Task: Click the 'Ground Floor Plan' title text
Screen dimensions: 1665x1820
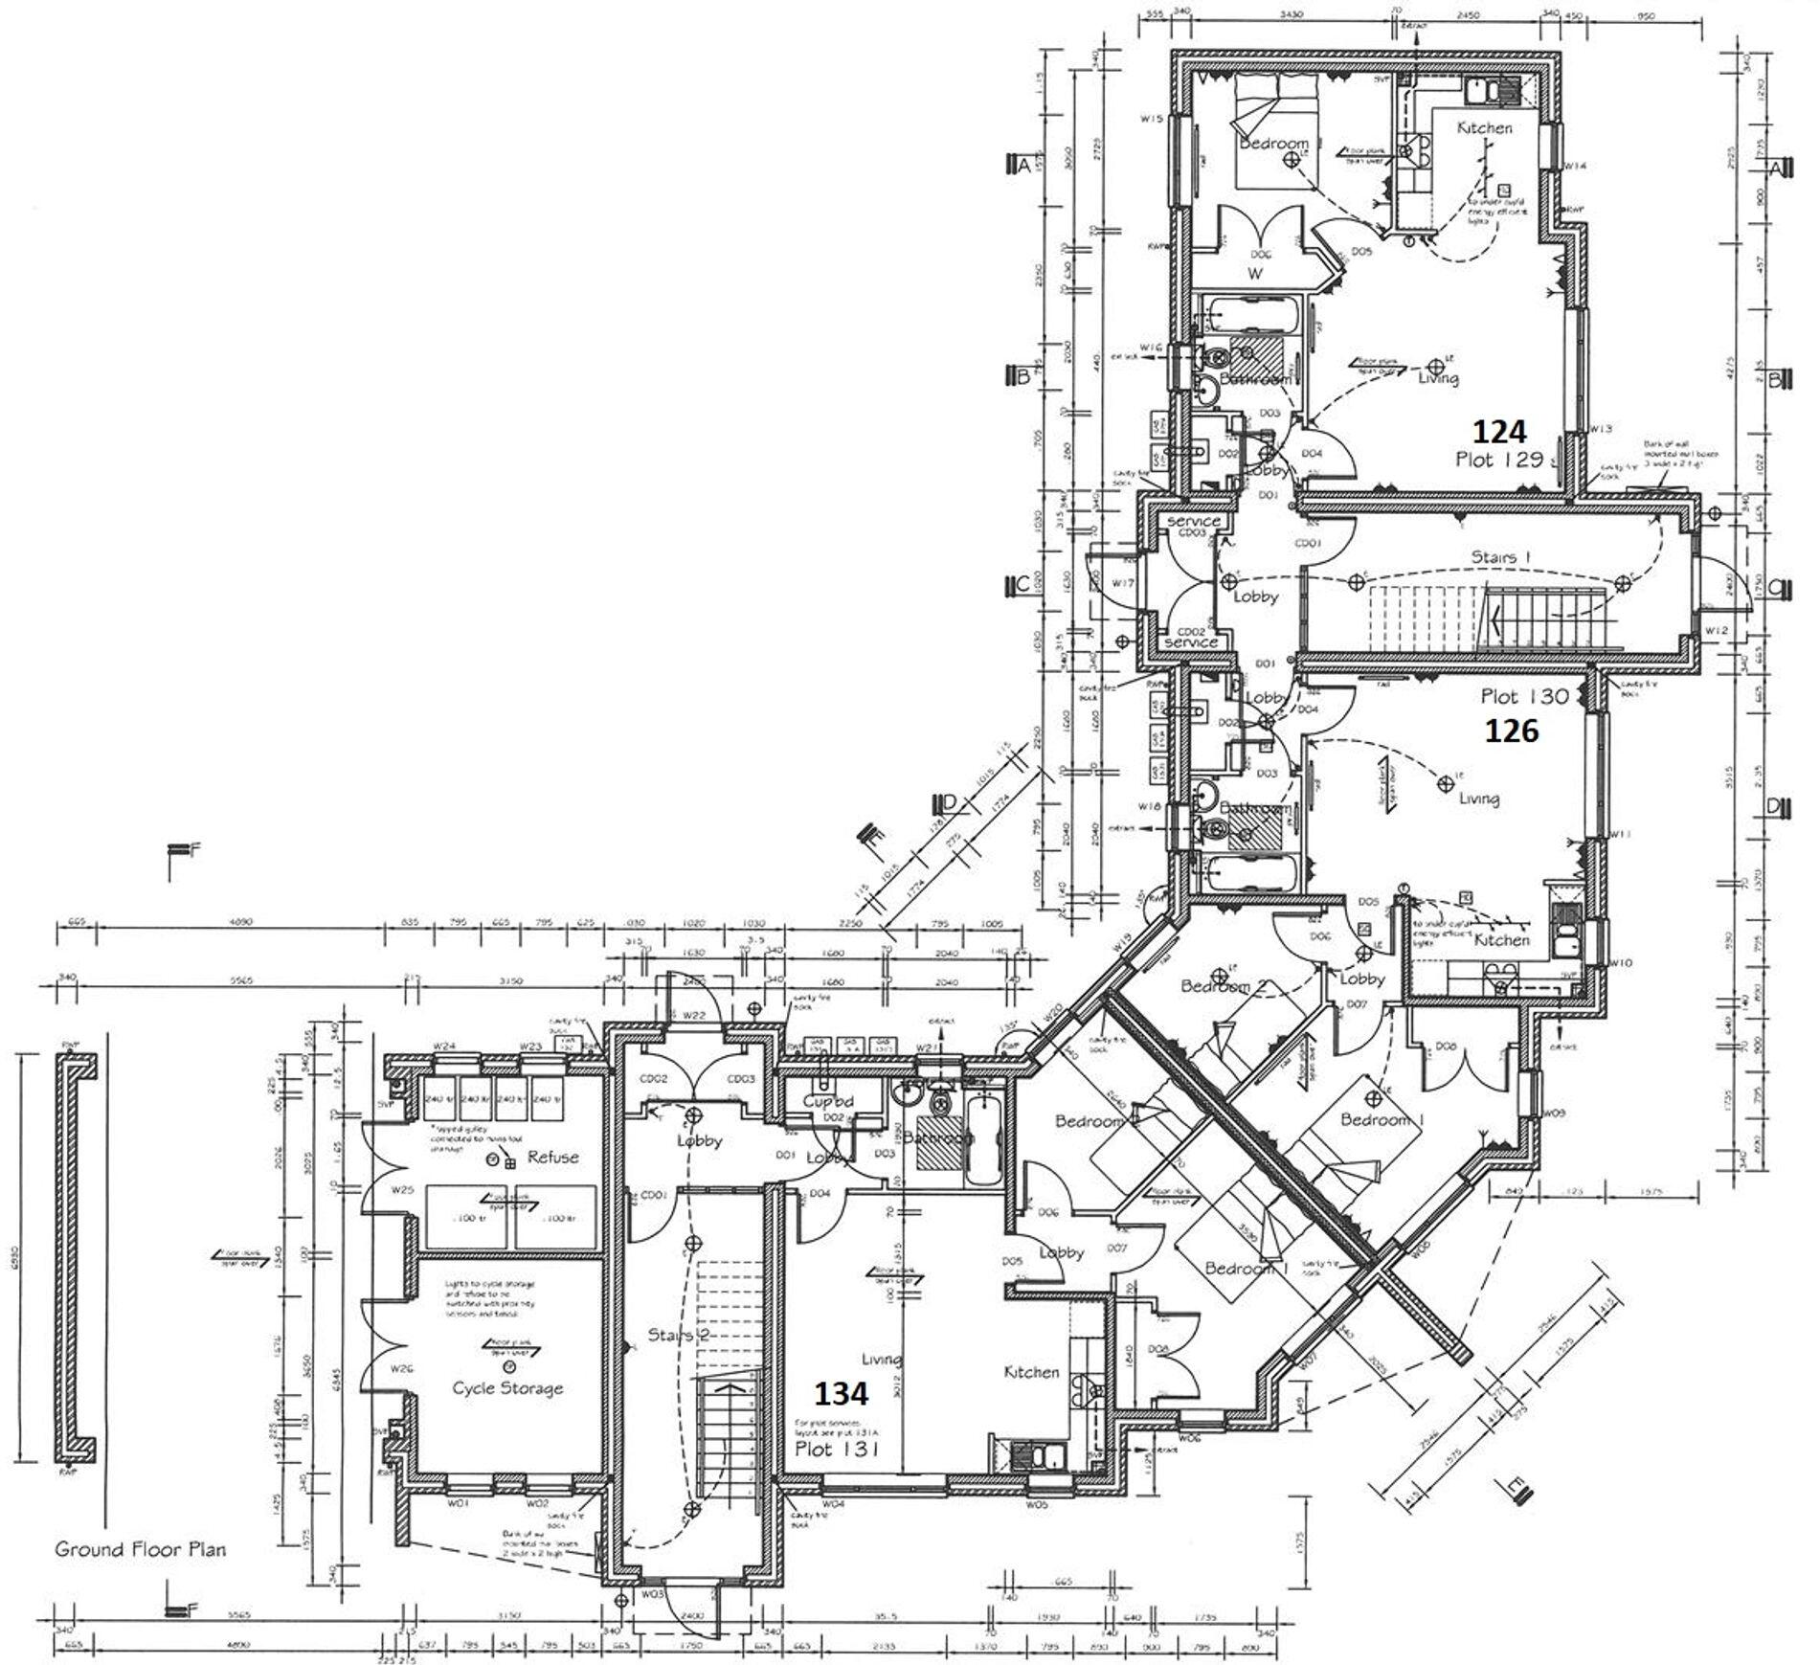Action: pos(140,1548)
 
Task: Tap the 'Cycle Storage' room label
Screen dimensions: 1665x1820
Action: pos(507,1388)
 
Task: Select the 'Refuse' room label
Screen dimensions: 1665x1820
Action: pos(552,1158)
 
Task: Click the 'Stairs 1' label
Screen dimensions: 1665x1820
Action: pos(1501,556)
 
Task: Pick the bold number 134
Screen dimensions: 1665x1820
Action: pos(841,1393)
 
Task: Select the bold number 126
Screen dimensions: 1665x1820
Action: pos(1511,731)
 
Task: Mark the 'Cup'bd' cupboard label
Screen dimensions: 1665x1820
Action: pos(829,1102)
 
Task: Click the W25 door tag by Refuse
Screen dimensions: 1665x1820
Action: pos(402,1191)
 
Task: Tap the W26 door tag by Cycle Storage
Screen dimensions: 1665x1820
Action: pos(402,1369)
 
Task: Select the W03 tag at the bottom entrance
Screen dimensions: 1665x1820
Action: pos(653,1594)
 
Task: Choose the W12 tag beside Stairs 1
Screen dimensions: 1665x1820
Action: pos(1717,630)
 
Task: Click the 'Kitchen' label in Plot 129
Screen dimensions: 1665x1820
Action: pos(1485,127)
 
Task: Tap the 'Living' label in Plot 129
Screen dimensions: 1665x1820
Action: pos(1438,378)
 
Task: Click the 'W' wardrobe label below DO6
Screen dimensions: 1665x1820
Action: pos(1255,274)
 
